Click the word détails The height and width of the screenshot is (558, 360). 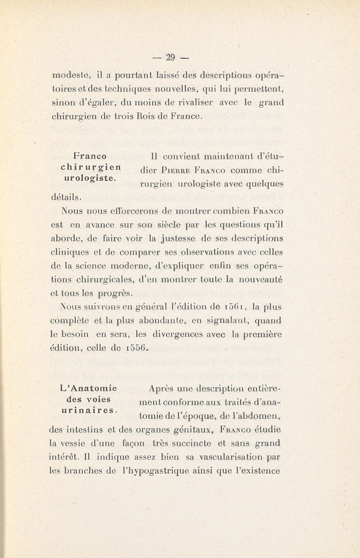63,197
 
